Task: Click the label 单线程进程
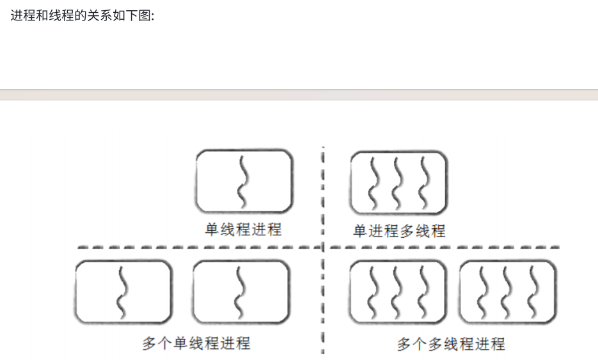click(x=243, y=230)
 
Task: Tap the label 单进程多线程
click(x=399, y=231)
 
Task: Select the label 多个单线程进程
click(x=196, y=343)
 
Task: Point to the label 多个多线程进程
click(x=451, y=344)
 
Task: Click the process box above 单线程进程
click(x=244, y=182)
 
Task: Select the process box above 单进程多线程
click(x=398, y=182)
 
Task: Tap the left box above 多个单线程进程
click(x=123, y=292)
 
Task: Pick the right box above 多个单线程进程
click(x=240, y=292)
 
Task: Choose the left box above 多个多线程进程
click(x=397, y=292)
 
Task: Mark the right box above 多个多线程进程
click(x=508, y=292)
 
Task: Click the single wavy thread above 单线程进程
click(x=242, y=182)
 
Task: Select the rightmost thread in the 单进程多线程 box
click(x=423, y=182)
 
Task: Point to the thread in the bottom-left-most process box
click(x=122, y=292)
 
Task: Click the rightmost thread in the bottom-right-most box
click(x=532, y=292)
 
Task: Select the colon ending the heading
click(x=153, y=15)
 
